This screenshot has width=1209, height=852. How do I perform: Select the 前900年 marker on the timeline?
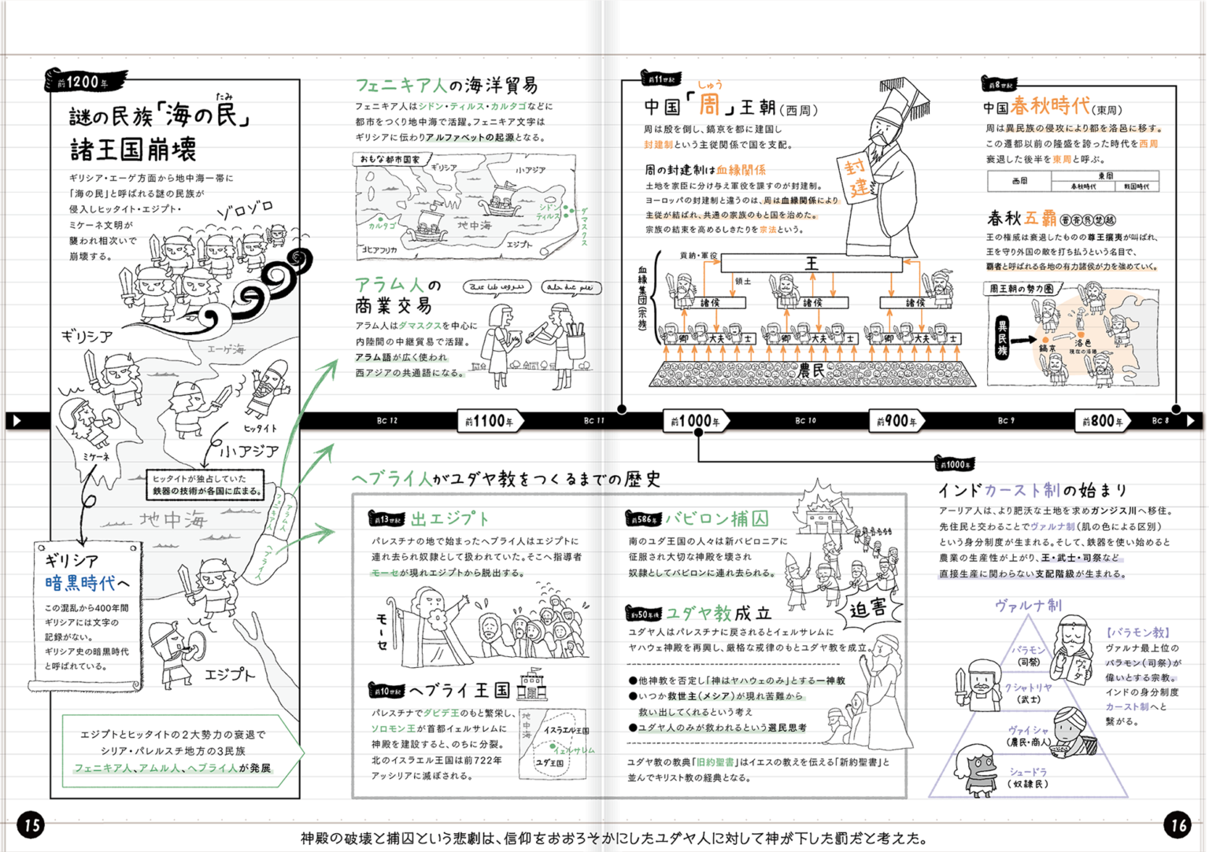[x=897, y=422]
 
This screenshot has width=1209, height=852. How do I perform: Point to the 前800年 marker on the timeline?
[x=1102, y=422]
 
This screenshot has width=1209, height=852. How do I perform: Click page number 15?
[x=31, y=824]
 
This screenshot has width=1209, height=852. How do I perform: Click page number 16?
[x=1178, y=824]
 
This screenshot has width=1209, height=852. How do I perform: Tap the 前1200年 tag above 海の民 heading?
[x=85, y=82]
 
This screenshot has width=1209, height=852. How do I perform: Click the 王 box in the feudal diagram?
[x=811, y=263]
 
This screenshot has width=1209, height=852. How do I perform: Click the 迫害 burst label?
[x=868, y=608]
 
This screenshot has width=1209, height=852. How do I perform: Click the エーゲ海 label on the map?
[x=226, y=349]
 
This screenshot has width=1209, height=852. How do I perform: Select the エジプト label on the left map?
[x=230, y=674]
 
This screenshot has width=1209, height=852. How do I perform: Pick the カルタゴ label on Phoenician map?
[x=382, y=226]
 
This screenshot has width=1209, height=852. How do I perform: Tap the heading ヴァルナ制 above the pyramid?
[x=1028, y=605]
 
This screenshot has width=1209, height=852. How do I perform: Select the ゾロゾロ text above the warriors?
[x=244, y=209]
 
